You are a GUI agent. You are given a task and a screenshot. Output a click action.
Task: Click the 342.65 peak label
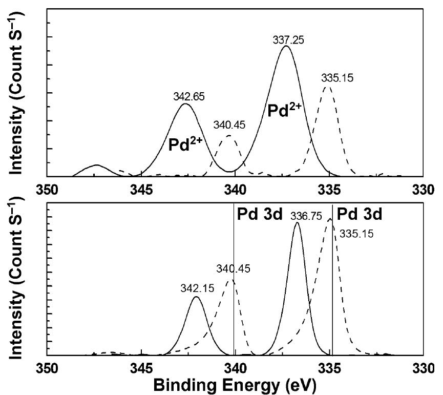(186, 96)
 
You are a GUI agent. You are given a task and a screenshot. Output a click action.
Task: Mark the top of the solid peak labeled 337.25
(286, 46)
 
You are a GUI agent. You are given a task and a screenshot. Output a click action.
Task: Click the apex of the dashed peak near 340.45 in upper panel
(229, 135)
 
